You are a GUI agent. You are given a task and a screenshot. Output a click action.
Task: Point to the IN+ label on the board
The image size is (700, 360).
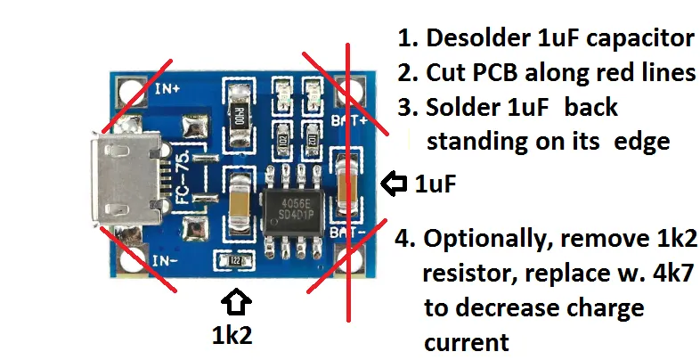[167, 89]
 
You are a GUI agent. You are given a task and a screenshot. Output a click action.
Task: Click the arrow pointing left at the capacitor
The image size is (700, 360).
[393, 184]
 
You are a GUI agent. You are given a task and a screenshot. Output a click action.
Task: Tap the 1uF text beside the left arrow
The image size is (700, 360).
[436, 184]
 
